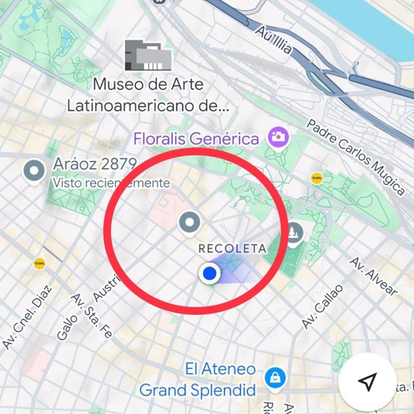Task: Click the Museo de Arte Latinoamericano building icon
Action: point(148,55)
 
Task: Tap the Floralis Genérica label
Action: point(196,139)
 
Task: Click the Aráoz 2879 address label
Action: point(95,164)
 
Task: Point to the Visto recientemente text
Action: point(111,183)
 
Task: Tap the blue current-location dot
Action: point(209,274)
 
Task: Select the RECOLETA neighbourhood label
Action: point(232,249)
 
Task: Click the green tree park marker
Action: point(294,233)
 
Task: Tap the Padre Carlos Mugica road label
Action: point(355,156)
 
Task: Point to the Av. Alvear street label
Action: point(374,277)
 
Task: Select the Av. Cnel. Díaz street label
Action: point(27,318)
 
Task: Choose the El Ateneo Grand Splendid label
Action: point(197,379)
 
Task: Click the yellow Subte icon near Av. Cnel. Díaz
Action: point(39,264)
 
